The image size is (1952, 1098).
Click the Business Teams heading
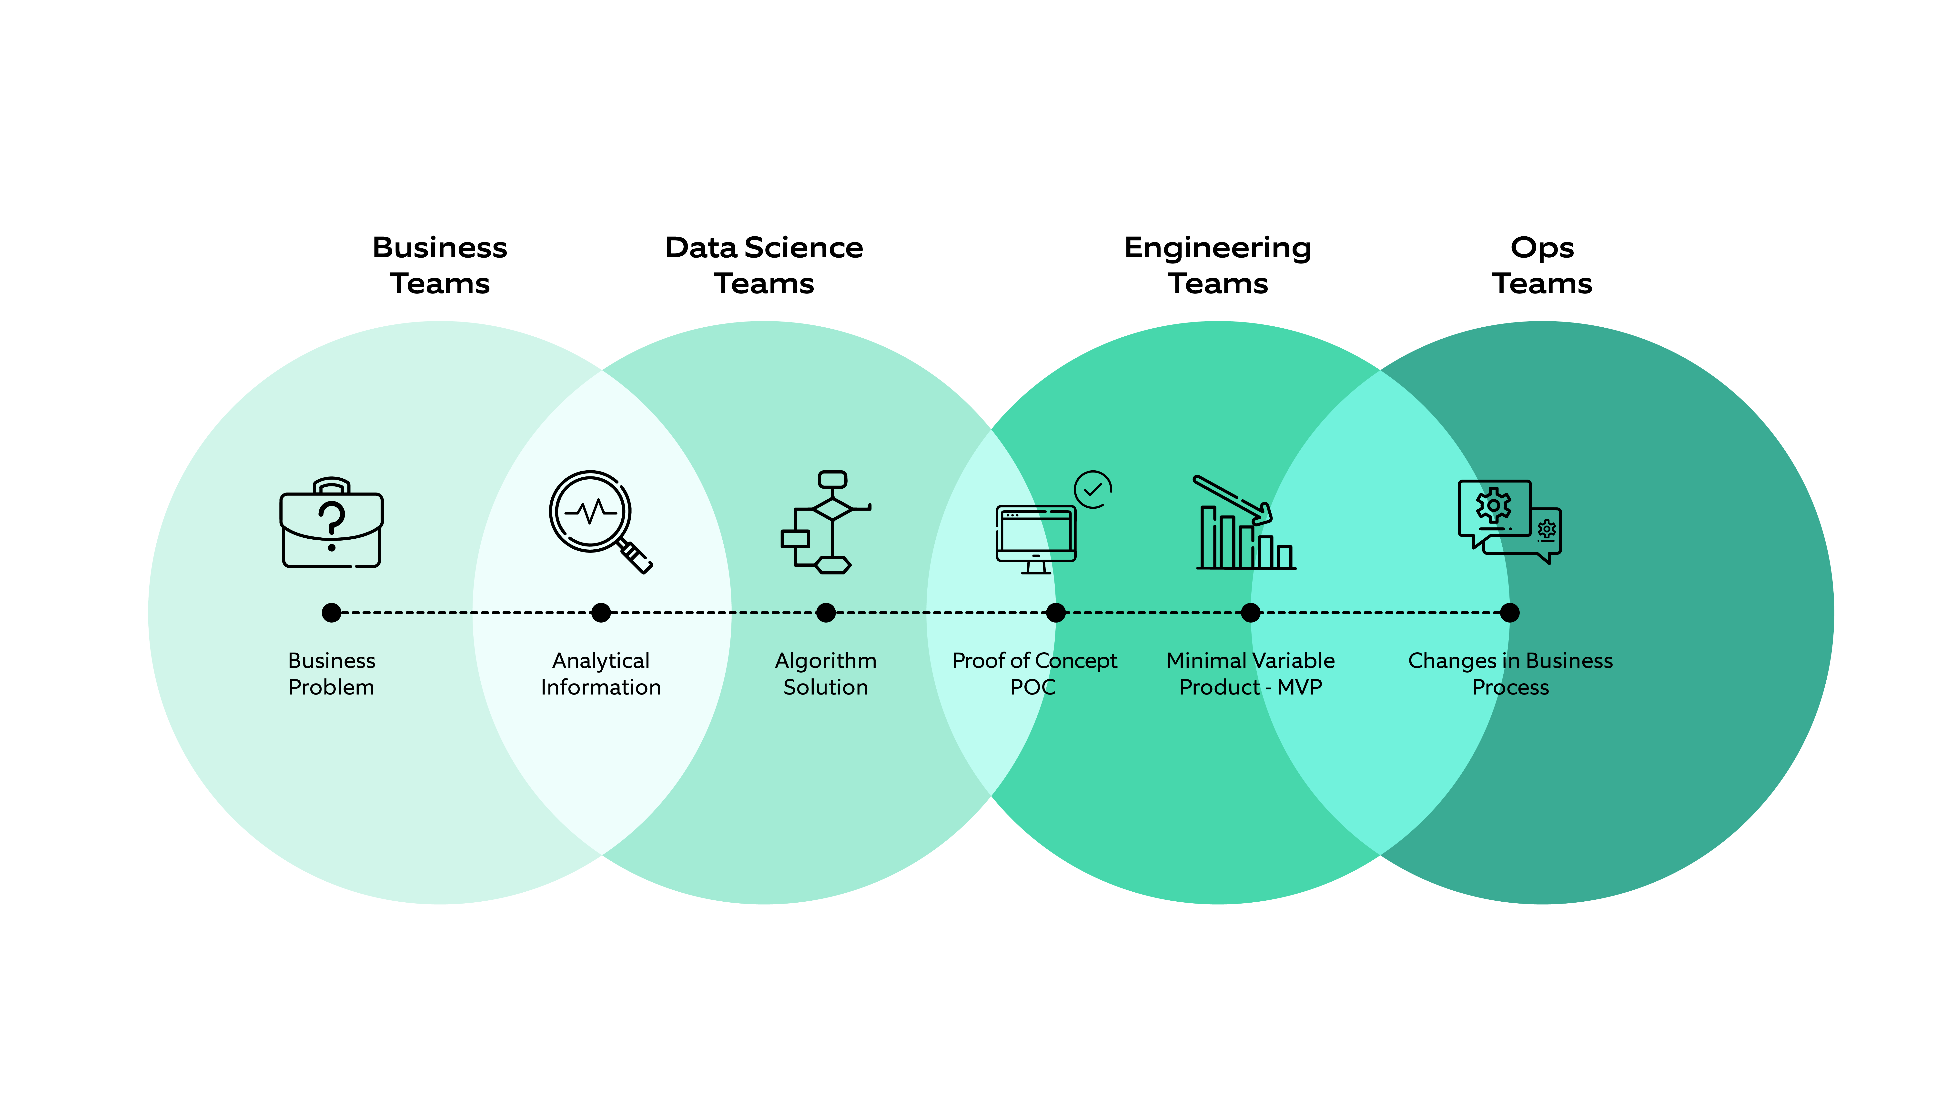(x=439, y=265)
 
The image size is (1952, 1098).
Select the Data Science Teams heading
(x=764, y=265)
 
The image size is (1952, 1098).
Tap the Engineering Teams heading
(x=1218, y=265)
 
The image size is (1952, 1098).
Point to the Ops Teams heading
(x=1542, y=265)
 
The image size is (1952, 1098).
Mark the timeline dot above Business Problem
(x=331, y=612)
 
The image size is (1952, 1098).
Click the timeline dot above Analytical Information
(x=601, y=612)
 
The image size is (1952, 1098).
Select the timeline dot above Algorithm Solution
(x=826, y=612)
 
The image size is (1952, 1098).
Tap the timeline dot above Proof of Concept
(x=1056, y=612)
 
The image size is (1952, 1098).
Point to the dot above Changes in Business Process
(x=1509, y=612)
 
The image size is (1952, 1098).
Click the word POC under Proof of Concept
(x=1033, y=687)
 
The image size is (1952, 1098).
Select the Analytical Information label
(x=601, y=674)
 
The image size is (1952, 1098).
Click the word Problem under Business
(x=331, y=687)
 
